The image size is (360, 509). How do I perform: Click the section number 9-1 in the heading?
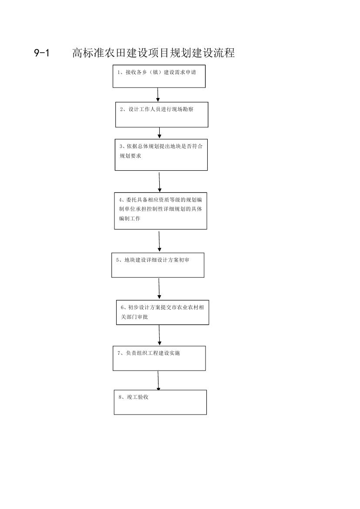click(41, 53)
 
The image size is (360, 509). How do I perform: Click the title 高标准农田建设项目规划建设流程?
click(153, 53)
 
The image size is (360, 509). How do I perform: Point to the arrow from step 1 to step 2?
click(158, 95)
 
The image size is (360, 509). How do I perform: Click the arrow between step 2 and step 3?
click(159, 133)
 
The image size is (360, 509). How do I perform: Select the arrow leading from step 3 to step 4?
click(159, 182)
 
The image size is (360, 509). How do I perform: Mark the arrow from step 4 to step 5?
click(159, 242)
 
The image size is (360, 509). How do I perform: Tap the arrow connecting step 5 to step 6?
click(159, 289)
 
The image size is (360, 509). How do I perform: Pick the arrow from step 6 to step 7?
click(159, 335)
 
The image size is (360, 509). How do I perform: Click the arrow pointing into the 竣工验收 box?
click(158, 381)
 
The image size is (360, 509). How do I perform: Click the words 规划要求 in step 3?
click(131, 156)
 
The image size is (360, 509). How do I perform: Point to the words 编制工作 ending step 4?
click(130, 219)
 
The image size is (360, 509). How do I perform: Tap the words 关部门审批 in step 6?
click(135, 317)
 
